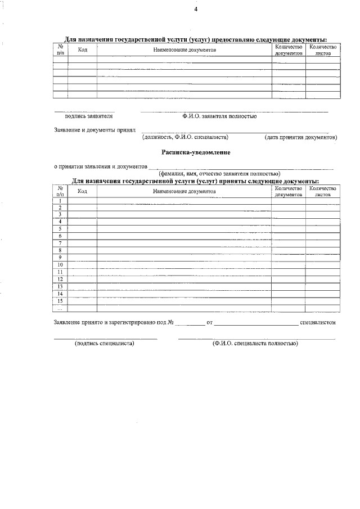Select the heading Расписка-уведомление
pos(196,152)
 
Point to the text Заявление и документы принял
pos(94,129)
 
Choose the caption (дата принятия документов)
pos(301,137)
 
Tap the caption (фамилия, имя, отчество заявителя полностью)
pos(219,174)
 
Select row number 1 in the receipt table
pos(60,201)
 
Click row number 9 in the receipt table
pos(60,257)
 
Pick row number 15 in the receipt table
pos(60,300)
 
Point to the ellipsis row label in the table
pos(60,308)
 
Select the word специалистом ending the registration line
pos(318,322)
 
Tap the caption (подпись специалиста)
pos(105,343)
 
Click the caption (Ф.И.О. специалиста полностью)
pos(255,343)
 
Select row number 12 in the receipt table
pos(60,279)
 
